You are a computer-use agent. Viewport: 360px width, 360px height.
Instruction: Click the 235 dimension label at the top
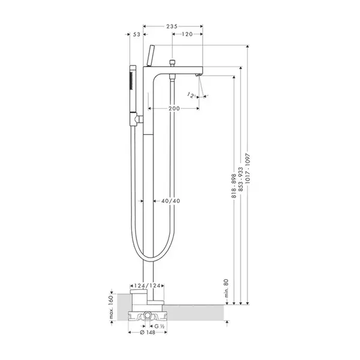tap(172, 26)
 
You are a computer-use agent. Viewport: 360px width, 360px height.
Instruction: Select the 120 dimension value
tap(187, 34)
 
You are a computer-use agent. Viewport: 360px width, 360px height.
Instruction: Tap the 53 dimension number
tap(137, 34)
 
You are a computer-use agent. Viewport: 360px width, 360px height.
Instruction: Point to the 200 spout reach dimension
tap(174, 109)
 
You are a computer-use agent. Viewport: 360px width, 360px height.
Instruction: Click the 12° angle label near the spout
tap(191, 95)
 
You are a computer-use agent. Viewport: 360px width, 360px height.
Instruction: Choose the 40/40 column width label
tap(170, 201)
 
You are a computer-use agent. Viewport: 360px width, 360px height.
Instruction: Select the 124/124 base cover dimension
tap(147, 286)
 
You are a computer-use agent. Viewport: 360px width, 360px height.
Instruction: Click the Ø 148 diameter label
tap(148, 332)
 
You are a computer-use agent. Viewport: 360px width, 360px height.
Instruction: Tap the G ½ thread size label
tap(160, 326)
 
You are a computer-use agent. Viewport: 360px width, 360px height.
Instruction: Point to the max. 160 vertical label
tap(112, 307)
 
